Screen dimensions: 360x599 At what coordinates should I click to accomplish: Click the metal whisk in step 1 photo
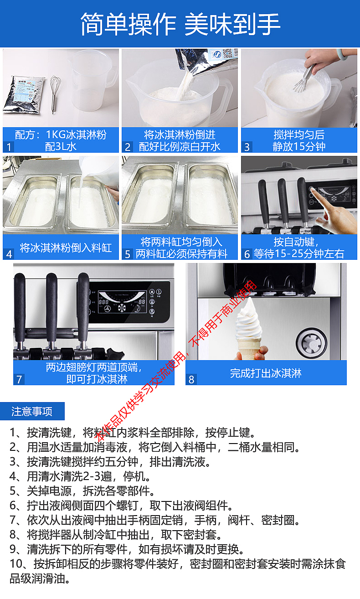55,93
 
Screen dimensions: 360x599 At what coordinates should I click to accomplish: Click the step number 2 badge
128,147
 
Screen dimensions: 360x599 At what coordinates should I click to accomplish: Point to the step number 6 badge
247,254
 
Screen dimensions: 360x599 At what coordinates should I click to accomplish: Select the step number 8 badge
191,379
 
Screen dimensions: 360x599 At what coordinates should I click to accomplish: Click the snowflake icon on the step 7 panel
122,308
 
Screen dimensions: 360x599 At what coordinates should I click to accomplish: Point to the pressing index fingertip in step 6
313,191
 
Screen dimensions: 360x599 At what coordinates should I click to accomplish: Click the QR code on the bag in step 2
228,53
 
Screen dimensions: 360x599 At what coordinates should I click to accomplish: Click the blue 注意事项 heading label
32,411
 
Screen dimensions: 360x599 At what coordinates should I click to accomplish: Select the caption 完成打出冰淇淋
266,373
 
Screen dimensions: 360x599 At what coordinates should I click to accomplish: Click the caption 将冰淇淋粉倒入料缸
66,248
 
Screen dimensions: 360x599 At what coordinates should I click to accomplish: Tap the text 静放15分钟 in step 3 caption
299,146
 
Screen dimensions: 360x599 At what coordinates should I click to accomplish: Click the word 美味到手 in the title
232,24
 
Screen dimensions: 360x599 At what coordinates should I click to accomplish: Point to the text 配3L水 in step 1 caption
61,146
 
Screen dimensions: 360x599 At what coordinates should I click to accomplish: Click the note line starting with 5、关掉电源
82,491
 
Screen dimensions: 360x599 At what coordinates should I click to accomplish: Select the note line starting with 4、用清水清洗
80,476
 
